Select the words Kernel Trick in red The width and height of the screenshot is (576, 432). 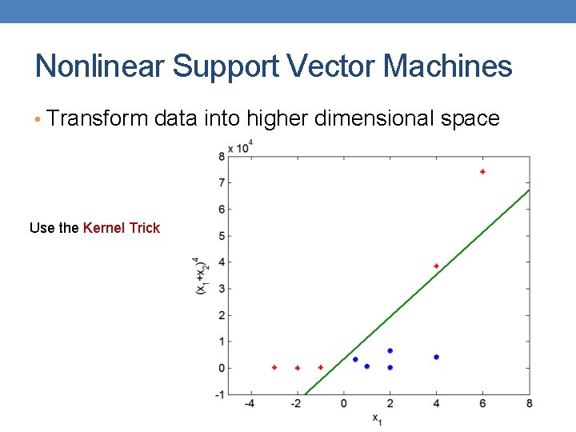(x=122, y=228)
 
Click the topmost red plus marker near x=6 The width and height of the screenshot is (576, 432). (x=482, y=172)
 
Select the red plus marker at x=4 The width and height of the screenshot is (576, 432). (x=436, y=266)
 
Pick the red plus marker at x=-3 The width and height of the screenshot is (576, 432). (x=274, y=367)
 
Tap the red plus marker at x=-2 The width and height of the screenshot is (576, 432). (x=298, y=368)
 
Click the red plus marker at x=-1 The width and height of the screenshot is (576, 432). (x=321, y=367)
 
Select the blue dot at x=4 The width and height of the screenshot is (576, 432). (x=436, y=357)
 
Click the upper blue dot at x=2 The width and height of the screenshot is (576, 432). (x=390, y=350)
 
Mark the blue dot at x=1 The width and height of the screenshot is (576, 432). (x=366, y=366)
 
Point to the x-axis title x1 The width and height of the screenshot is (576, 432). (x=378, y=418)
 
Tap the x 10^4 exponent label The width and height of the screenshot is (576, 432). (x=241, y=147)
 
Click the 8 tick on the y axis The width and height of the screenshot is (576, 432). (x=221, y=157)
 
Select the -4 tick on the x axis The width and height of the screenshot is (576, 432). (x=250, y=403)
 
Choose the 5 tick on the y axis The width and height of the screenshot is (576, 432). (x=221, y=236)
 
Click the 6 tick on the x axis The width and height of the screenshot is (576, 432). (x=482, y=403)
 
